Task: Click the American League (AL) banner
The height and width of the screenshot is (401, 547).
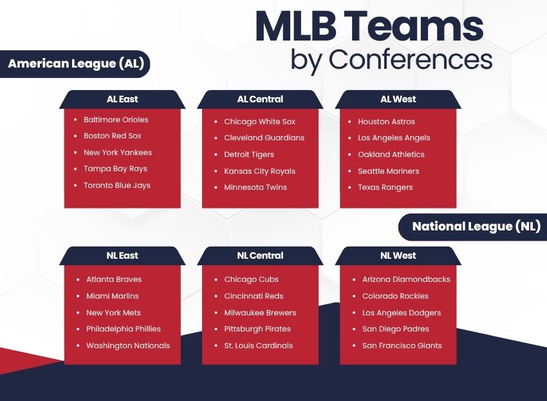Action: click(76, 64)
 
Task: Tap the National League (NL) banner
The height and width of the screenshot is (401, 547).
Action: click(476, 227)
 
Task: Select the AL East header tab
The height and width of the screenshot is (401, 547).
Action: click(122, 99)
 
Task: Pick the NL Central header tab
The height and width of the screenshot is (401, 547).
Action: click(260, 256)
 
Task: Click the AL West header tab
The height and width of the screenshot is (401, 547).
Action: click(398, 99)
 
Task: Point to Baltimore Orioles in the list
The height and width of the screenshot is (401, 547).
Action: click(116, 120)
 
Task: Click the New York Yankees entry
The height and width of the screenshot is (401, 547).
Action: click(118, 153)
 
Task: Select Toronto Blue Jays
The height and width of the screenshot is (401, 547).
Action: click(116, 185)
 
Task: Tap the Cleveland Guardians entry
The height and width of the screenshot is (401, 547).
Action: click(264, 138)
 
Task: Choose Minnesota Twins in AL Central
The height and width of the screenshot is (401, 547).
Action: click(255, 187)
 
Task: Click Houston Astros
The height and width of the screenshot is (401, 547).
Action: click(386, 122)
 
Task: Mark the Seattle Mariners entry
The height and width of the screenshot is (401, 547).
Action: click(388, 171)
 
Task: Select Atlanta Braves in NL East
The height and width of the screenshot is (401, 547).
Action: click(114, 279)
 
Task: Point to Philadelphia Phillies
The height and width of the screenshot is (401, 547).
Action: click(124, 329)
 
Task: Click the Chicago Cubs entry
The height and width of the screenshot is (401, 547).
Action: click(251, 279)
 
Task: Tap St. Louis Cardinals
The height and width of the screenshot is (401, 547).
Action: click(258, 346)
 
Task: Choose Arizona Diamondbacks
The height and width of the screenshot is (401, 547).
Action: click(406, 279)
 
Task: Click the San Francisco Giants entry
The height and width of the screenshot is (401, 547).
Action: click(402, 346)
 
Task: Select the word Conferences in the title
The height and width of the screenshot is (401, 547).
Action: click(410, 59)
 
